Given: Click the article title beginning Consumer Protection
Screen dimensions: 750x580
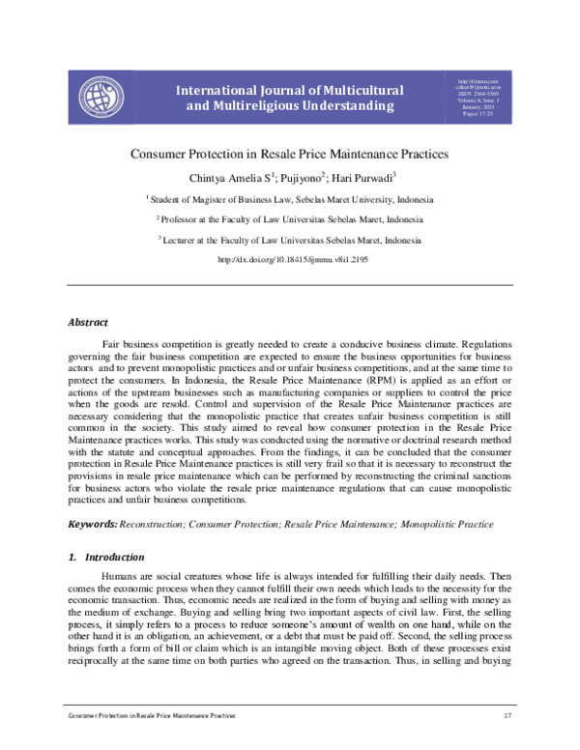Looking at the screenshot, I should pos(290,154).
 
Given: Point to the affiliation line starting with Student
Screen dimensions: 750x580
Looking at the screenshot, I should pos(290,200).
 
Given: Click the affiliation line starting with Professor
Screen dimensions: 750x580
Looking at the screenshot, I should pos(290,220).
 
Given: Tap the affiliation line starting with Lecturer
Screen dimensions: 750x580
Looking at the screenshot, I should pos(290,240).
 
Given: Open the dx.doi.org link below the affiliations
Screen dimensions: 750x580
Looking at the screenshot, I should pos(290,260).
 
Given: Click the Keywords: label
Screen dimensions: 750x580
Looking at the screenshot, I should pos(92,524).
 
